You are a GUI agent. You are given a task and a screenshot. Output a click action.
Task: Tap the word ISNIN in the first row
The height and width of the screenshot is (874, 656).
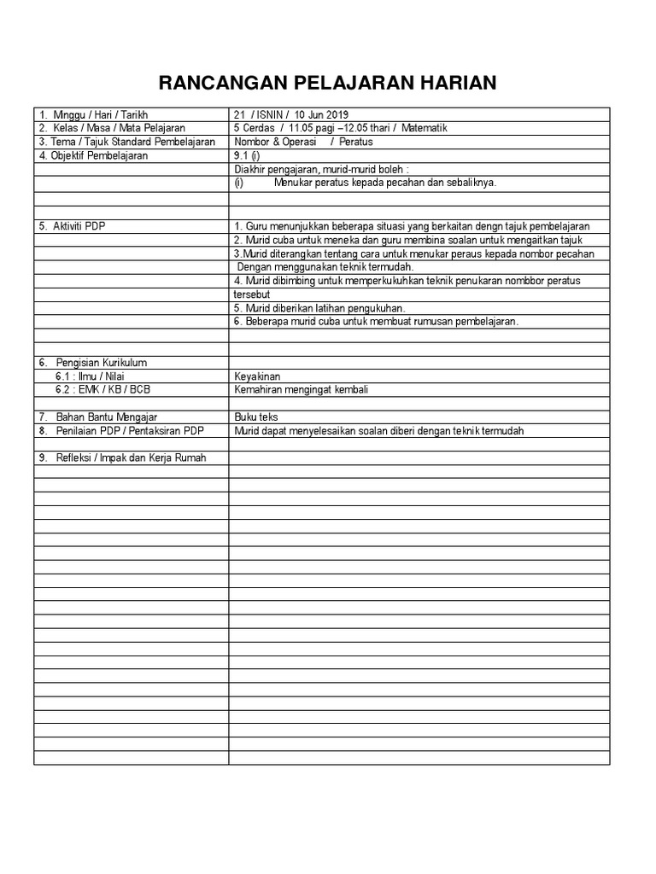point(269,114)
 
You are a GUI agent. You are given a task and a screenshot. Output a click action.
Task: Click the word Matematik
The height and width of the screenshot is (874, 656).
point(424,128)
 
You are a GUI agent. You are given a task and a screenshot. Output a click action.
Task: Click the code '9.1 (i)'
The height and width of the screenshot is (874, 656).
point(247,155)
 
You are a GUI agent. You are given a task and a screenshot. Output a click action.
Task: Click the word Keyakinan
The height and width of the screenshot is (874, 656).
point(257,376)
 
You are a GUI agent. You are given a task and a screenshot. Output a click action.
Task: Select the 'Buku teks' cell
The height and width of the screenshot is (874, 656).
point(255,417)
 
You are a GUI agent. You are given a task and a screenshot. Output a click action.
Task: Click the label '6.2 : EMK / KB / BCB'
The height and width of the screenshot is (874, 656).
point(103,390)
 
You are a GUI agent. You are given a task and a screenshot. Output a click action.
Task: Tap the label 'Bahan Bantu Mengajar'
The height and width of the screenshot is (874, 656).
point(107,417)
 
